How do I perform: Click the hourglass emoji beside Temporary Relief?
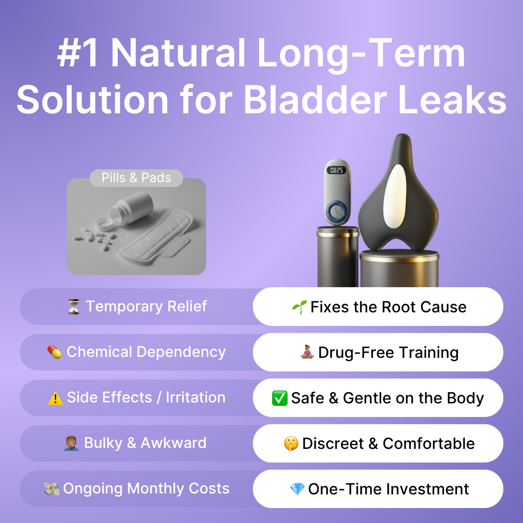click(x=74, y=307)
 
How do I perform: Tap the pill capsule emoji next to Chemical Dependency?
click(x=54, y=352)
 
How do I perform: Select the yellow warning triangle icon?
click(x=55, y=398)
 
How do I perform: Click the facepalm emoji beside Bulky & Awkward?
click(x=71, y=443)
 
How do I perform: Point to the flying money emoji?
click(x=52, y=489)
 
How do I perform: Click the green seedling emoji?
click(x=299, y=307)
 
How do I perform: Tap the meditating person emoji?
click(x=307, y=352)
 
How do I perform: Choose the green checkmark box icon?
click(x=279, y=398)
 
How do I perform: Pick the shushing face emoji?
click(x=291, y=444)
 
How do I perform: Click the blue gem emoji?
click(x=297, y=489)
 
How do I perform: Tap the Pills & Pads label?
click(x=136, y=178)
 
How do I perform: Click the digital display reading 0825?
click(x=336, y=170)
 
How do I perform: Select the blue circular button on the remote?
click(x=337, y=211)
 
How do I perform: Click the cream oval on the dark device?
click(x=395, y=196)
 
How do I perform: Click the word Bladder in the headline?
click(x=315, y=99)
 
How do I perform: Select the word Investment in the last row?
click(x=428, y=489)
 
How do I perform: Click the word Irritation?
click(x=196, y=397)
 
